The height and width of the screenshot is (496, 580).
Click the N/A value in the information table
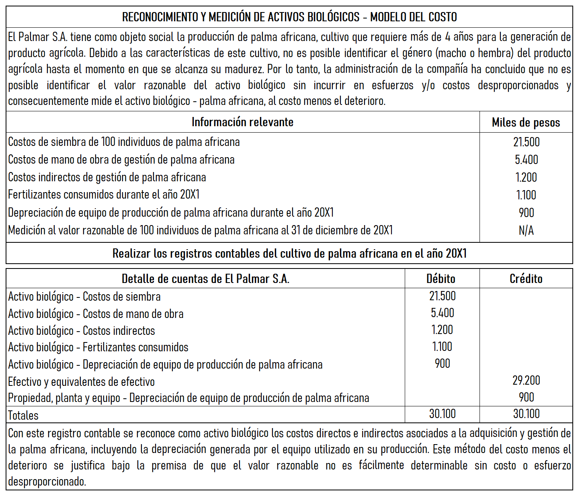526,230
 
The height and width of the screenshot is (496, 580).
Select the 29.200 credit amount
526,380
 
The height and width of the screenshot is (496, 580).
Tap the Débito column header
441,279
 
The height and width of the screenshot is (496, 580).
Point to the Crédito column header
526,279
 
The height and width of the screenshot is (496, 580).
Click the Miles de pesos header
526,123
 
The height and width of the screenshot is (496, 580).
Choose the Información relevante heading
242,122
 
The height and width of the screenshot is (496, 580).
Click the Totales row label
24,415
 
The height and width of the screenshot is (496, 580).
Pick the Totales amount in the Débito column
442,414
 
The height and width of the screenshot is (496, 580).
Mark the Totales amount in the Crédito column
526,414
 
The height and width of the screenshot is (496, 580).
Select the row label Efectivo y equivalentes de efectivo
81,381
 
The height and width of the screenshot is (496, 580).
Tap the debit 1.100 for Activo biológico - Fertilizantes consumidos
442,346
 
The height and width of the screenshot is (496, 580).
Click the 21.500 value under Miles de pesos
526,142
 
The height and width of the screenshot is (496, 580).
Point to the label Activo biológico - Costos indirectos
82,331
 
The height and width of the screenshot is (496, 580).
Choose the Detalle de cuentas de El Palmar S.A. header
205,279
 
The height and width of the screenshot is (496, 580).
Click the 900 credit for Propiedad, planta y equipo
526,397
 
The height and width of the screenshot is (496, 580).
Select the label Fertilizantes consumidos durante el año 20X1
104,195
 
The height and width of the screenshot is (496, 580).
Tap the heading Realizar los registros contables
289,254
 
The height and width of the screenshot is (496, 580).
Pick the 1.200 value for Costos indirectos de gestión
526,177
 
